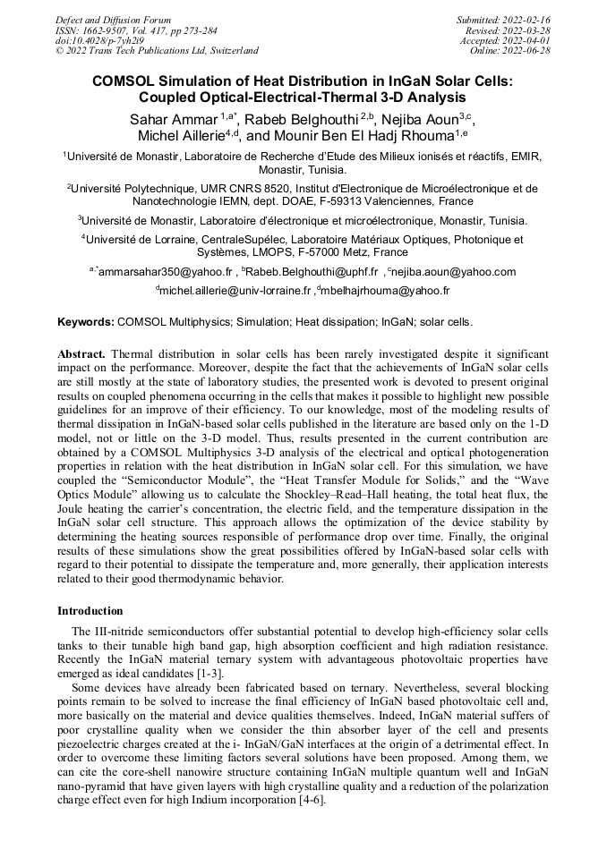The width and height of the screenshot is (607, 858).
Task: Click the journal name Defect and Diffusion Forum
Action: (x=113, y=19)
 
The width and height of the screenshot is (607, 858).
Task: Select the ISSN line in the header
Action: (x=130, y=30)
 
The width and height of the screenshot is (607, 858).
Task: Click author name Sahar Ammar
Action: (x=169, y=120)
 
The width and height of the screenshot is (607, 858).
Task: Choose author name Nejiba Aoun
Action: (x=424, y=120)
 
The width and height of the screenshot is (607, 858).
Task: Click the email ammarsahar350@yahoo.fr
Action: (x=167, y=271)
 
